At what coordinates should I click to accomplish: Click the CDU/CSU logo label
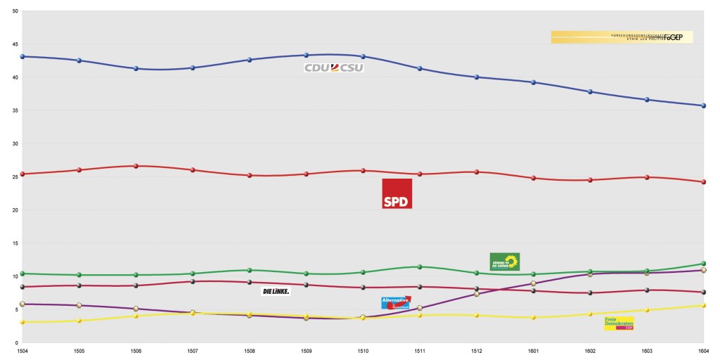(334, 67)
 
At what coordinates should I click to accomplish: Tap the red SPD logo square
(397, 193)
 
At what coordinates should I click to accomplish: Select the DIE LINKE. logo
(276, 291)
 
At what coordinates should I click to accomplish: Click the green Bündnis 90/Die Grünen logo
(504, 262)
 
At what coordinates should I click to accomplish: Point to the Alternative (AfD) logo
(396, 302)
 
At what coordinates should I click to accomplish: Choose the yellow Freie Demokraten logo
(619, 323)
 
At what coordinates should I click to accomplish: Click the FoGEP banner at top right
(622, 37)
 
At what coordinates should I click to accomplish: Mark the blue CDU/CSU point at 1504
(22, 56)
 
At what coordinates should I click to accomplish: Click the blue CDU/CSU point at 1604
(703, 105)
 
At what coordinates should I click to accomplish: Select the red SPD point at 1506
(136, 166)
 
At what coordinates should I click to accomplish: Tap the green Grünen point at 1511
(420, 266)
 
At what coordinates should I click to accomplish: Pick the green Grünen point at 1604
(703, 264)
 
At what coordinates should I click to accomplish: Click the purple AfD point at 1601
(533, 283)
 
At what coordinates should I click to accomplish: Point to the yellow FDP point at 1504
(22, 322)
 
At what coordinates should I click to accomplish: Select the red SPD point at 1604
(703, 181)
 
